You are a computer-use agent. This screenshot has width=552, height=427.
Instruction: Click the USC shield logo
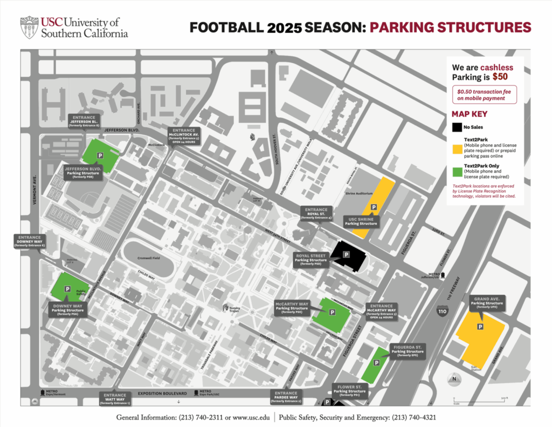pos(29,28)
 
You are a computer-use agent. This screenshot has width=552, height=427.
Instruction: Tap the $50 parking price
pos(500,77)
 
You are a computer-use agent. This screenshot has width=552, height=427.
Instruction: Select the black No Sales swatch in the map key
pos(457,127)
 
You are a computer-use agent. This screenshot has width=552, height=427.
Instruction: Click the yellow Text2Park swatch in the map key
pos(457,147)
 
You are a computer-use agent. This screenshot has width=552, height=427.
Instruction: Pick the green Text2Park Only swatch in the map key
pos(457,172)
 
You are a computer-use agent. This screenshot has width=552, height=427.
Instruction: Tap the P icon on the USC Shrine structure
pos(373,207)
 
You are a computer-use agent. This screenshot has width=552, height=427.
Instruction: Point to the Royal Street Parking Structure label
pos(311,259)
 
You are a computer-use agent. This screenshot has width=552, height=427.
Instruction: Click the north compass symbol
pos(454,379)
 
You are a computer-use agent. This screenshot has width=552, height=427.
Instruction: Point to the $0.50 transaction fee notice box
pos(484,94)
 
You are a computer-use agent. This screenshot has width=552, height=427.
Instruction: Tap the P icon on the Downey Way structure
pos(67,289)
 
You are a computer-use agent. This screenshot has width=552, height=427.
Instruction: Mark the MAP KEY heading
pos(469,114)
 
